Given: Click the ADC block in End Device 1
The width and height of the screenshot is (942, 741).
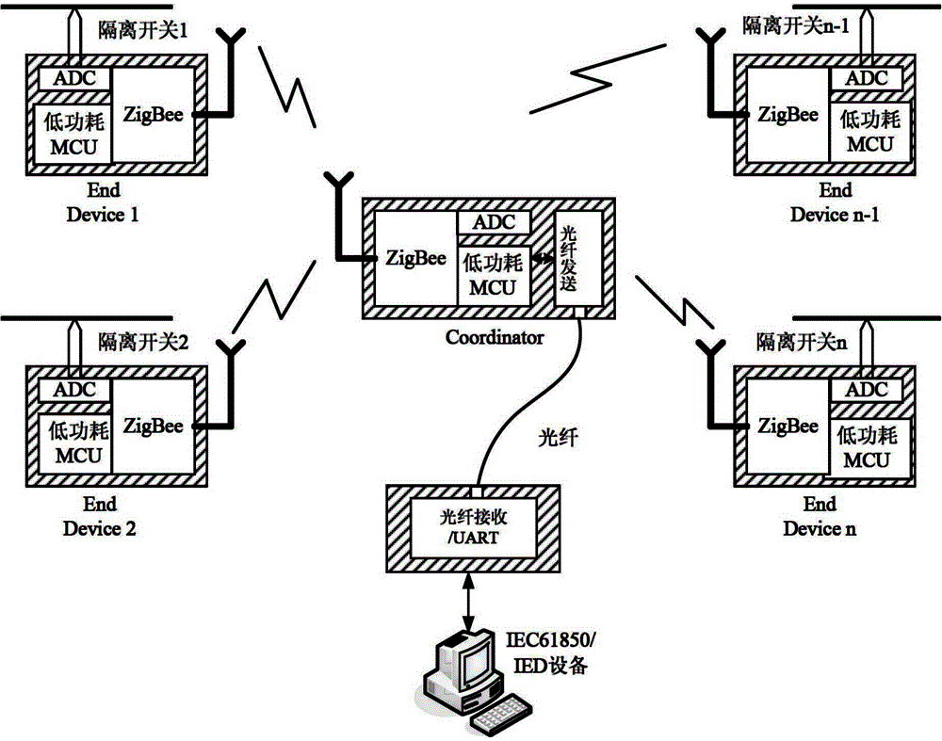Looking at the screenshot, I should click(x=74, y=78).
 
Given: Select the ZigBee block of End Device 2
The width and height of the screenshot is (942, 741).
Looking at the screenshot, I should click(x=154, y=426).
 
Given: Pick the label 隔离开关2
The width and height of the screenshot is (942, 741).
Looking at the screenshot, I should click(x=144, y=343).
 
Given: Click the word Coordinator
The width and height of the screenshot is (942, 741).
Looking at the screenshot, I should click(x=494, y=336).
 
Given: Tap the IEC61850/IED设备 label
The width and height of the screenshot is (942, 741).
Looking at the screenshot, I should click(x=560, y=654).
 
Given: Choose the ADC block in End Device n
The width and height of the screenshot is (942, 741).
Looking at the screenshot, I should click(x=867, y=390).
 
